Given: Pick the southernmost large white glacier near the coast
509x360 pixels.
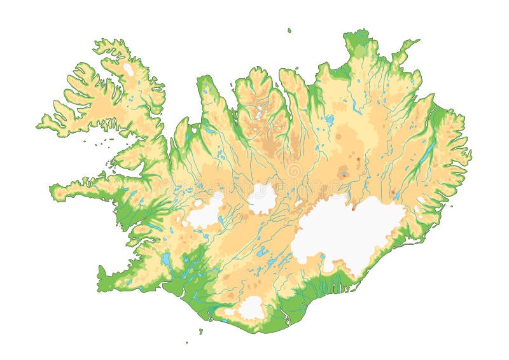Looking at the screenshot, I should (x=251, y=307).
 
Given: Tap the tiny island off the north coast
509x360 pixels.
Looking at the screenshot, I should (x=289, y=30).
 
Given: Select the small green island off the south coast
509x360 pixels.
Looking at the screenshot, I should (x=200, y=331).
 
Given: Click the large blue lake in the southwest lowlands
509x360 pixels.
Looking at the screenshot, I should (x=166, y=260).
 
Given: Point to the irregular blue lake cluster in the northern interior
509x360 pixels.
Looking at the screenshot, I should (x=329, y=119).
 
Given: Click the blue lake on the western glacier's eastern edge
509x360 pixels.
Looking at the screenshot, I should (x=220, y=220).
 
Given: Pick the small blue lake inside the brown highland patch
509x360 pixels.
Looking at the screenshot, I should (x=344, y=174).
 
